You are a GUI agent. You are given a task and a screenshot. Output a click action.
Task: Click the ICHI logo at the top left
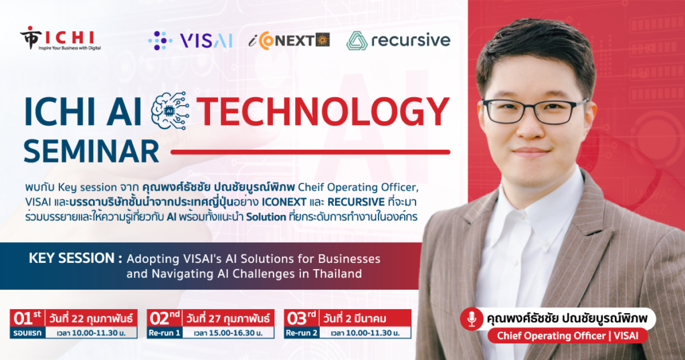pos(60,38)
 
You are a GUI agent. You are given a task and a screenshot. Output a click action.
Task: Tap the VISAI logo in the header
pos(190,41)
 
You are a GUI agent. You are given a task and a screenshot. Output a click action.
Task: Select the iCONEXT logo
pos(289,41)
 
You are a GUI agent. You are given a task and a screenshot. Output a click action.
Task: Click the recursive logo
pos(398,41)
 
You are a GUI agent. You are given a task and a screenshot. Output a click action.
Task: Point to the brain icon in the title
pos(170,110)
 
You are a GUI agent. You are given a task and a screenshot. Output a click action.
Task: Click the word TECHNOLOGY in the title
pos(323,112)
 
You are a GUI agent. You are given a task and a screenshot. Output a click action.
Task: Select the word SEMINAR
pos(91,151)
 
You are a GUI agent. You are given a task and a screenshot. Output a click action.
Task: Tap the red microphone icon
pos(472,319)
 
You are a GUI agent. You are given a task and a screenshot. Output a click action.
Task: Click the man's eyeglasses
pos(536,111)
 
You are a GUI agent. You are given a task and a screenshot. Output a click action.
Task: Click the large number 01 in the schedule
pos(23,319)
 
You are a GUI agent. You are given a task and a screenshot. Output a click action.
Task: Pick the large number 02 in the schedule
pos(159,319)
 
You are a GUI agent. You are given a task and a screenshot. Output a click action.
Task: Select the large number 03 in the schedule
pos(296,319)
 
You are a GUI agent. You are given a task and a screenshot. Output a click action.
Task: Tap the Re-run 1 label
pos(165,333)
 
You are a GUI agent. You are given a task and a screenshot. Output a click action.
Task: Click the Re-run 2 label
pos(302,333)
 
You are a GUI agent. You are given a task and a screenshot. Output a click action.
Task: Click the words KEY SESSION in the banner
pos(72,258)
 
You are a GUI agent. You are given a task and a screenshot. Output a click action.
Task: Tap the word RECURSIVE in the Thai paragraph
pos(356,202)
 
